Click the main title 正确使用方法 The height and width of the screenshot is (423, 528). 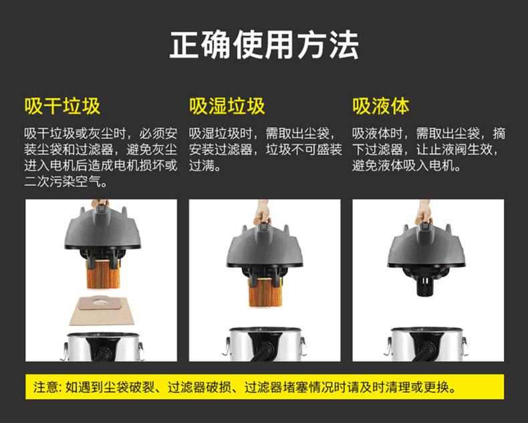[x=264, y=45]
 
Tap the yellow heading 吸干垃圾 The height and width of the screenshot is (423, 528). [x=62, y=106]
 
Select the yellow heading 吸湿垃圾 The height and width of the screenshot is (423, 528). [x=227, y=106]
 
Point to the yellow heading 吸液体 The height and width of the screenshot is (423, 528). [x=380, y=106]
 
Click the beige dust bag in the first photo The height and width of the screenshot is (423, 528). [x=102, y=311]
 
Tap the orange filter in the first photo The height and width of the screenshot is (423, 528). [x=104, y=274]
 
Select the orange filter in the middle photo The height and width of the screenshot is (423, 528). [x=265, y=292]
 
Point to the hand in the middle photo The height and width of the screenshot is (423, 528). [x=262, y=213]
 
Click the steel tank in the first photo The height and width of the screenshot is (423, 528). [x=103, y=347]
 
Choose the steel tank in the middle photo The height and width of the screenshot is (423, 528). [x=265, y=344]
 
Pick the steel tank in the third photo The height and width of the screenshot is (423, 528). [x=426, y=344]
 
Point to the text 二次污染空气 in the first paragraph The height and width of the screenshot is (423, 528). [x=62, y=182]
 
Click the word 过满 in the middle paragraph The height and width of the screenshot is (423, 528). [x=201, y=166]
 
